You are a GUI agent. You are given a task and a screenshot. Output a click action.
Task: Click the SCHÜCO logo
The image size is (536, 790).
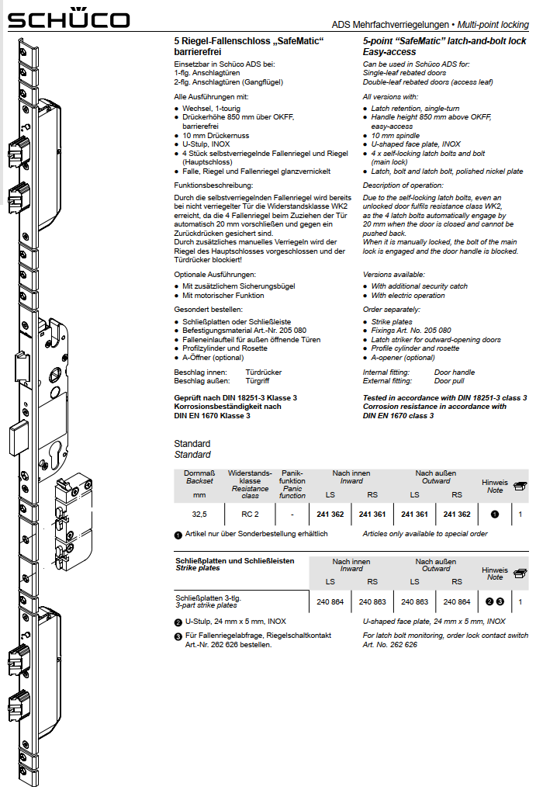(x=69, y=19)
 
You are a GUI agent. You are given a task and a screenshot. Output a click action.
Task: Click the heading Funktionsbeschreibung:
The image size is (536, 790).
(x=213, y=186)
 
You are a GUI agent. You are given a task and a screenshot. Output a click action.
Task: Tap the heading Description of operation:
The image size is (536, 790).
(x=403, y=186)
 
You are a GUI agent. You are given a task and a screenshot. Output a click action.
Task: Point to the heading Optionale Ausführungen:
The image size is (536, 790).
(x=215, y=275)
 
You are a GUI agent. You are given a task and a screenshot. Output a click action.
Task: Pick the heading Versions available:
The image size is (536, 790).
(x=394, y=275)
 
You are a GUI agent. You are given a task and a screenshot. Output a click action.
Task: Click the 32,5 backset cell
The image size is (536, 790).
(x=199, y=514)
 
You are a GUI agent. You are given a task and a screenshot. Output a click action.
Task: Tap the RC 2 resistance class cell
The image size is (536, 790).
(x=249, y=514)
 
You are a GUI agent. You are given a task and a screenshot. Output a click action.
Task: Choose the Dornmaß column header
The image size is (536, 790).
(x=199, y=473)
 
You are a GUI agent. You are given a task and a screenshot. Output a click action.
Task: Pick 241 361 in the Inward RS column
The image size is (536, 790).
(x=372, y=514)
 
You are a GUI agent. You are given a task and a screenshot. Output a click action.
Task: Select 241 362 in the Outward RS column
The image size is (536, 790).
(x=456, y=514)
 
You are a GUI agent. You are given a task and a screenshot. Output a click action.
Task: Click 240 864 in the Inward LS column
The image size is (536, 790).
(x=330, y=601)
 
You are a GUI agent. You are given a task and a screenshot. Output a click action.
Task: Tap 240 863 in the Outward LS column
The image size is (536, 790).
(x=414, y=601)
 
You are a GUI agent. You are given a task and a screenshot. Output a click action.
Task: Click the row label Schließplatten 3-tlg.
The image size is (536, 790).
(x=211, y=597)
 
